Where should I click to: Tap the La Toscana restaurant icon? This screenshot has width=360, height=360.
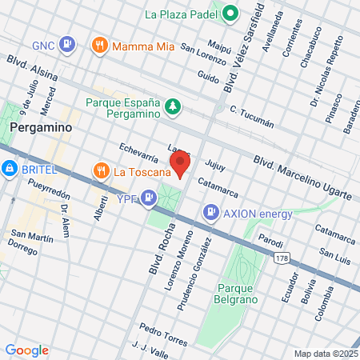102,170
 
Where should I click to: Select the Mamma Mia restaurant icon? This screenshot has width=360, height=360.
100,46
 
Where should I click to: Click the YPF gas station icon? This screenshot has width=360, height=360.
149,197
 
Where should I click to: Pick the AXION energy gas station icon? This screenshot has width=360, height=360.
210,213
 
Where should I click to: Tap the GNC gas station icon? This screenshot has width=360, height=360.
68,44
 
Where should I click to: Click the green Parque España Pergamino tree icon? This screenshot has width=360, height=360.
172,106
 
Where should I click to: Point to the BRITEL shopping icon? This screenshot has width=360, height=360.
10,170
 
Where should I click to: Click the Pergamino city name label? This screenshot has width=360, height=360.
41,127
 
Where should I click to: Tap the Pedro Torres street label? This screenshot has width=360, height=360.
163,334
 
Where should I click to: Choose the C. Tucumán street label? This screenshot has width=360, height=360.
251,116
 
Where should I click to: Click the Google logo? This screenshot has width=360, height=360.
27,350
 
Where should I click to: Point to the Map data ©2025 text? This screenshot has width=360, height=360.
325,354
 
